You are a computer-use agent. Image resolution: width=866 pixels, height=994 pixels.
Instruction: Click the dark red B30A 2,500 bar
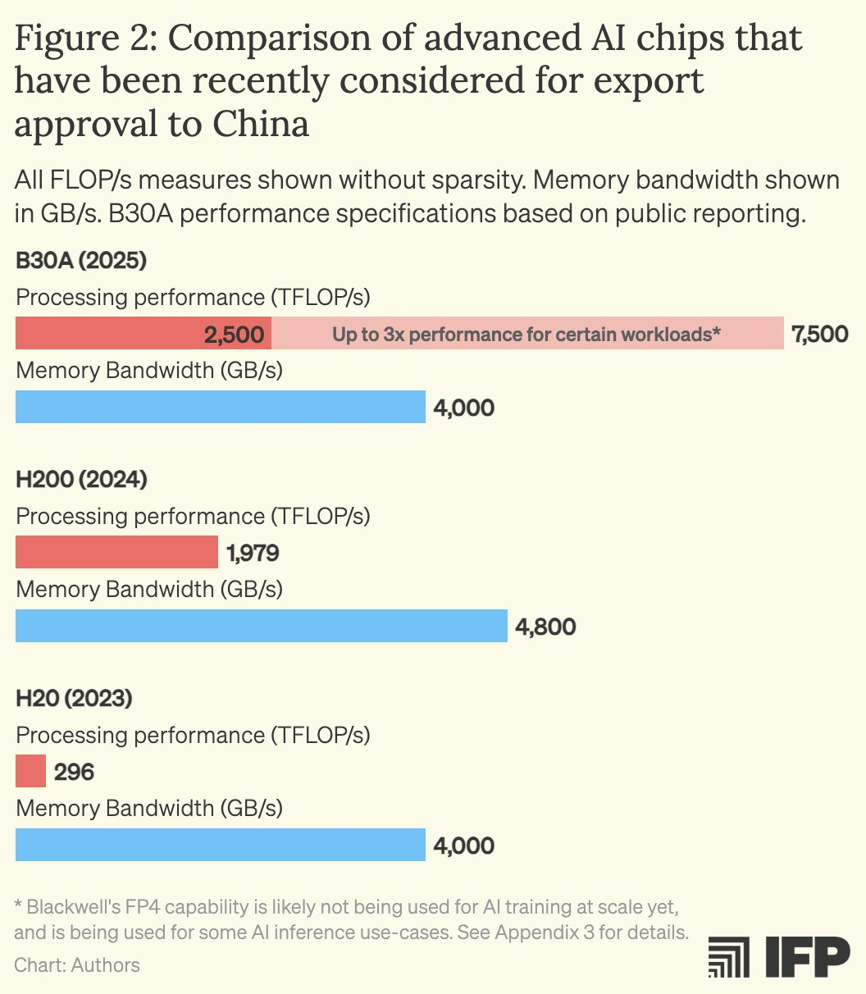[x=144, y=334]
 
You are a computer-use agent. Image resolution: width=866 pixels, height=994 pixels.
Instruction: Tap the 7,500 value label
[x=819, y=334]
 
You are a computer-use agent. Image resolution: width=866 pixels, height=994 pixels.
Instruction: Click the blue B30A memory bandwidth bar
[x=220, y=407]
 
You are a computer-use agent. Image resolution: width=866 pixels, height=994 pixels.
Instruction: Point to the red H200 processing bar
[x=116, y=553]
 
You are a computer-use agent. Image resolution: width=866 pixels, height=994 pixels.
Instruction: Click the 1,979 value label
[x=253, y=553]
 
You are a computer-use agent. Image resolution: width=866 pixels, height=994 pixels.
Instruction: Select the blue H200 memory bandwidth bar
[x=261, y=626]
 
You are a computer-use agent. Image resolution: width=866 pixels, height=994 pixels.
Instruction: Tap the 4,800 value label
[x=545, y=627]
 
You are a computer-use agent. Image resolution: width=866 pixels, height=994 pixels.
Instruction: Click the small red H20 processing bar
[x=30, y=772]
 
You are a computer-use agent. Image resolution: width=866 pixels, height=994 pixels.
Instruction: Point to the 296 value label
[x=74, y=772]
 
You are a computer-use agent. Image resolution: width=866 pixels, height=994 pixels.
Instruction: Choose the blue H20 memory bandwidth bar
[x=220, y=845]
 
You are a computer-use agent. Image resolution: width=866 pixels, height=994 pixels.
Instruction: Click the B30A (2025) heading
[x=80, y=262]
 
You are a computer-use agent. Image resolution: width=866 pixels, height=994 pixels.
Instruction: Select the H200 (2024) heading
[x=81, y=481]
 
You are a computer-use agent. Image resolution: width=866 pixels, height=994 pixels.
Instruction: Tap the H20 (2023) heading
[x=74, y=700]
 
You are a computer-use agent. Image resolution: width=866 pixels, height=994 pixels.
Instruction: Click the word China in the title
[x=261, y=125]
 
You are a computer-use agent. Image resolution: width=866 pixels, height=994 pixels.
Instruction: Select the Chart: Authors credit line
[x=77, y=964]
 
